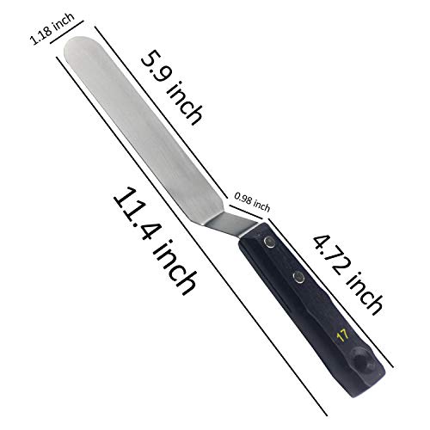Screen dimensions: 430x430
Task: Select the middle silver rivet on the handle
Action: [297, 277]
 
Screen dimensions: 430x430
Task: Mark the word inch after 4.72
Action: [368, 290]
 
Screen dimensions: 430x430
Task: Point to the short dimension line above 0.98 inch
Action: [250, 194]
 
